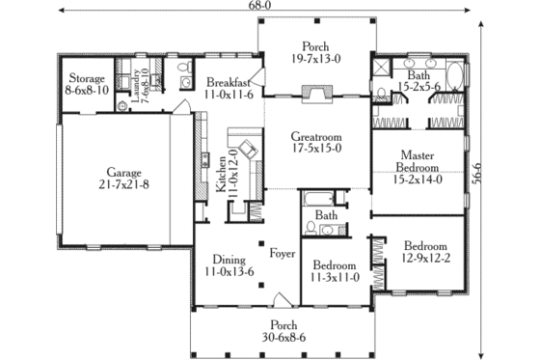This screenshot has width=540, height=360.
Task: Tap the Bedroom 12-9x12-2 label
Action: tap(425, 252)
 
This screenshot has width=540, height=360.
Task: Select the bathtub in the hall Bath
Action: tap(318, 201)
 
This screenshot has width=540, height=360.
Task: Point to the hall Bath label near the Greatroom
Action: tap(327, 215)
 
